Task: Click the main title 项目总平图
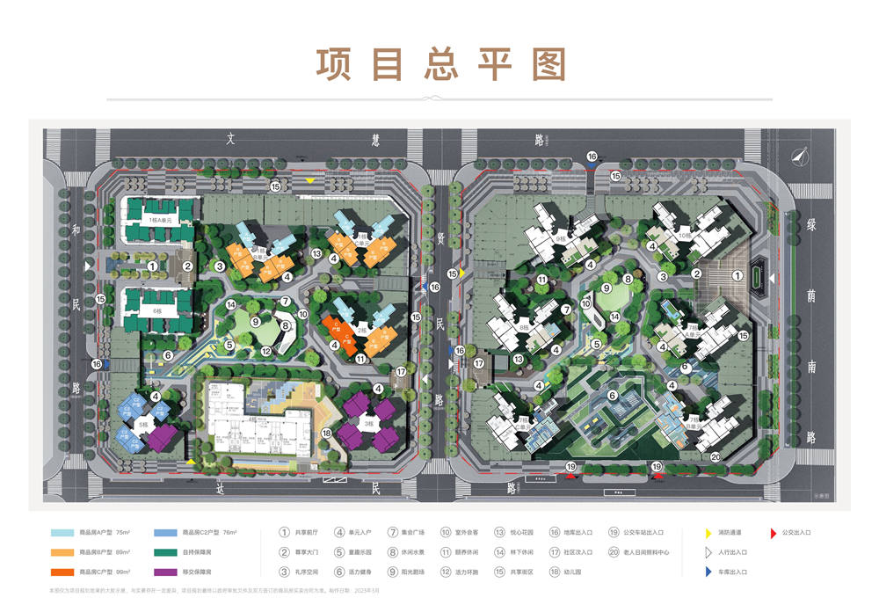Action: (439, 65)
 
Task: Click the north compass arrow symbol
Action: (799, 156)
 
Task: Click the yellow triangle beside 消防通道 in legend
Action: (707, 532)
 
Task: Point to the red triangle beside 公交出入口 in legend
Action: (772, 532)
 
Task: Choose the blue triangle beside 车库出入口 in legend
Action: (707, 572)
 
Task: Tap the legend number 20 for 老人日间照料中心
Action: (614, 552)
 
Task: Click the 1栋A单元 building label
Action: (159, 220)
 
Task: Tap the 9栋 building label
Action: (561, 238)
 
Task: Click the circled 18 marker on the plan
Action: (326, 433)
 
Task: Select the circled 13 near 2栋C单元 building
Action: (316, 254)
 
